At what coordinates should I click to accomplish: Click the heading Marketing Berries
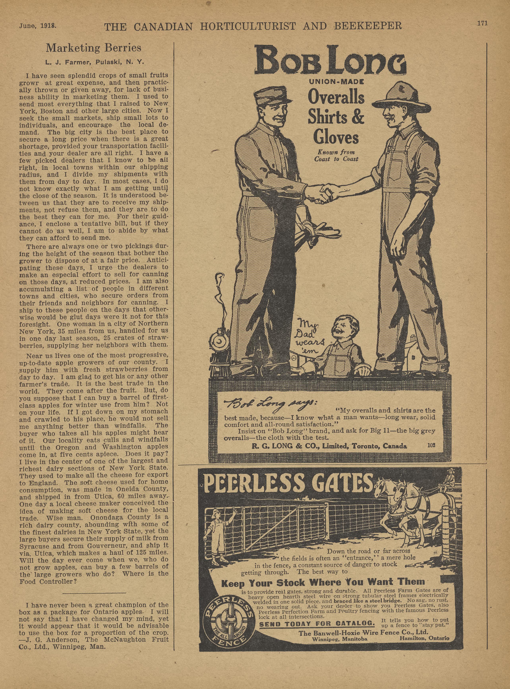coord(94,48)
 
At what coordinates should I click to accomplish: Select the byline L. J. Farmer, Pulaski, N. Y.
coord(94,62)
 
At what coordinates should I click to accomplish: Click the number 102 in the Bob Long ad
coord(431,445)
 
